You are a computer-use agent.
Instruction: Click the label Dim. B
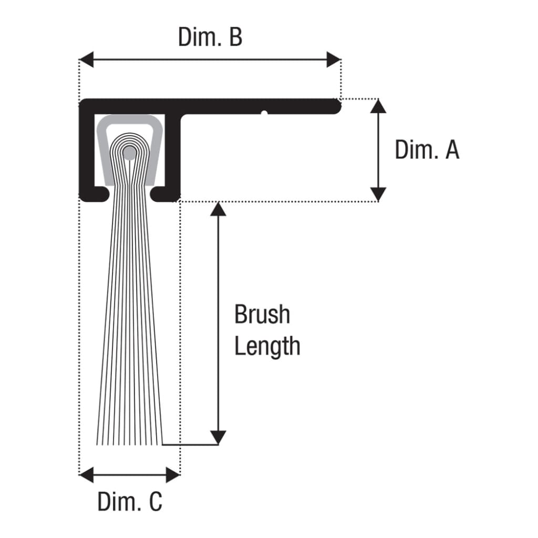210,37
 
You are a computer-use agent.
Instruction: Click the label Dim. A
427,150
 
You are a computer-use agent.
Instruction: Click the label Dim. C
130,501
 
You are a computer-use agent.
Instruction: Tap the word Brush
262,314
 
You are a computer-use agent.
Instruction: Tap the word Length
267,346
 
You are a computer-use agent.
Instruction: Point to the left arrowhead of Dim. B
86,60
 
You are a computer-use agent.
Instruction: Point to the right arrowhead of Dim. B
334,60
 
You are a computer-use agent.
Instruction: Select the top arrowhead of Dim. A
378,106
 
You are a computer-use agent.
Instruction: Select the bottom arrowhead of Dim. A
378,194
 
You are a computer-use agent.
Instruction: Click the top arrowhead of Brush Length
218,209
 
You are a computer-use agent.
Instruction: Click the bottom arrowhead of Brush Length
218,438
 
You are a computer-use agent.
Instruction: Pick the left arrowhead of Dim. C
86,475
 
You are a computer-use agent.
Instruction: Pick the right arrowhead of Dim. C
173,475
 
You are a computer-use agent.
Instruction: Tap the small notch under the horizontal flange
264,113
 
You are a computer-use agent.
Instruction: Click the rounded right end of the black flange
336,106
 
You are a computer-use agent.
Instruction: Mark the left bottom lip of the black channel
95,194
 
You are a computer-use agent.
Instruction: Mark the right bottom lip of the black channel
165,194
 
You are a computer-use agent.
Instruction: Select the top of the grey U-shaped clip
130,119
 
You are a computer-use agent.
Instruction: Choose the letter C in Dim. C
156,502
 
